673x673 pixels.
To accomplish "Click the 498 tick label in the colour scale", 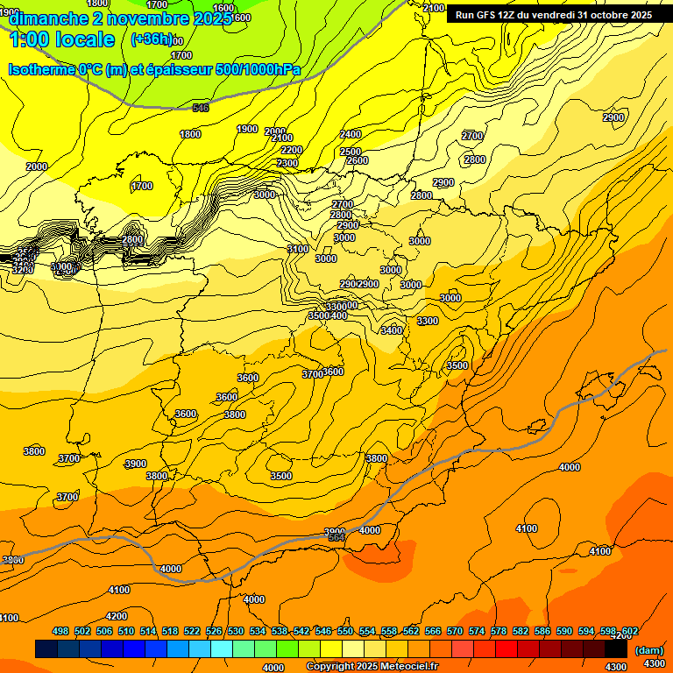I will point(60,631).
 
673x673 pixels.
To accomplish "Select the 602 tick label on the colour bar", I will point(630,631).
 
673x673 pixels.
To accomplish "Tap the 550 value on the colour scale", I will point(345,631).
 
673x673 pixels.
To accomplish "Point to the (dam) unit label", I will point(648,649).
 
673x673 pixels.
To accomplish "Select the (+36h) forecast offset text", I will point(152,40).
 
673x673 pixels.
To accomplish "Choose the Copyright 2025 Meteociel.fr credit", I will point(372,667).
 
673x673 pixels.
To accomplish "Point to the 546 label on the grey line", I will point(201,108).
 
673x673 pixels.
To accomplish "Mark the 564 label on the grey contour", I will point(336,537).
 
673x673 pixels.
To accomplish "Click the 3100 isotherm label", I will point(298,250).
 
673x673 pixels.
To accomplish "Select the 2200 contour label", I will point(292,151).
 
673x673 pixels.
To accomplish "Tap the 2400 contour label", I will point(351,134).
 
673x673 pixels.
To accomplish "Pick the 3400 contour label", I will point(392,330).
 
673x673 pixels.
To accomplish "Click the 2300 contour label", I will point(287,164).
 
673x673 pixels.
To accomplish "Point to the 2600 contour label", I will point(358,161).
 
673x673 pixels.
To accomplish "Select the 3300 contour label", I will point(428,322).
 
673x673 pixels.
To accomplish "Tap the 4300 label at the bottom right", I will point(654,665).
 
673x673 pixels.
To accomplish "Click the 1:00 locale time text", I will point(61,40).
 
